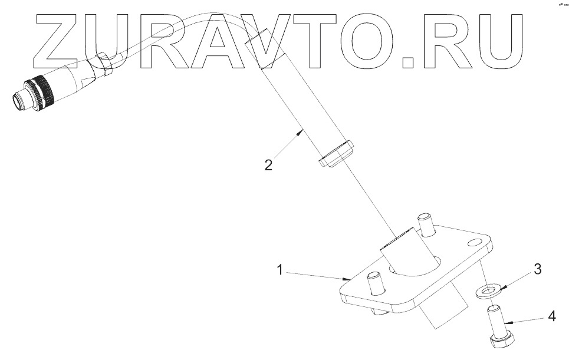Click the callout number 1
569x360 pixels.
282,270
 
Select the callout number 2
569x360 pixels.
268,165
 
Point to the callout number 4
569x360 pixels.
551,316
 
